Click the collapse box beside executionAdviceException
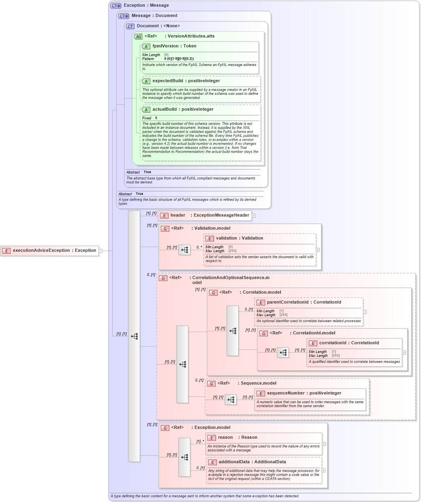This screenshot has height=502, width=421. coord(101,251)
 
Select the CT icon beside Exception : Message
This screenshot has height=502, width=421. coord(116,6)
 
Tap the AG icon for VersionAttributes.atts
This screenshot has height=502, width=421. coord(138,36)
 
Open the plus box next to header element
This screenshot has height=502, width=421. coord(254,216)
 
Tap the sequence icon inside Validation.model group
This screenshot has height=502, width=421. coord(184,250)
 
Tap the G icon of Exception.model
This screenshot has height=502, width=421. coord(165,428)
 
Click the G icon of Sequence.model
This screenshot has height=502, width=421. coord(211,383)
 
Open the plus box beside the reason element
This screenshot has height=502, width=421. coord(324,444)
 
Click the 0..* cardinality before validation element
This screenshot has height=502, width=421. coord(199,247)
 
